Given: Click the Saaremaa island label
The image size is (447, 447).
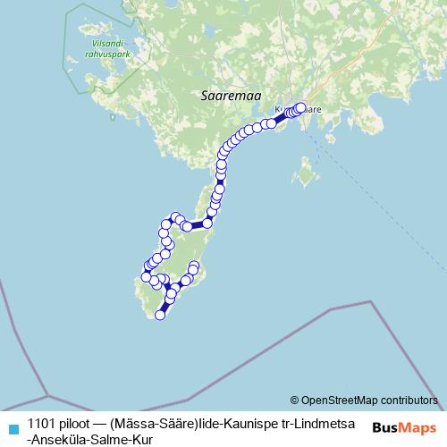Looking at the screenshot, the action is pos(223,92).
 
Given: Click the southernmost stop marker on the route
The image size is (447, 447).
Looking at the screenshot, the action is pos(161,315).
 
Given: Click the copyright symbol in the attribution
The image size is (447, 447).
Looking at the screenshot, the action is pos(294,401).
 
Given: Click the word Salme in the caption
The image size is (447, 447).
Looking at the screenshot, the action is pos(115,439).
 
